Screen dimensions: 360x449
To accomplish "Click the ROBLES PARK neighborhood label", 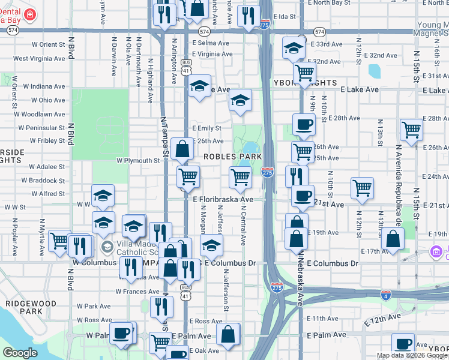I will [232, 157].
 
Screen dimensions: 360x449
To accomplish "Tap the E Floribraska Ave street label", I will [223, 199].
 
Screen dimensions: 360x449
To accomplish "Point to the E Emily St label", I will [206, 128].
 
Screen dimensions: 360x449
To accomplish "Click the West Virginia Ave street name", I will [39, 59].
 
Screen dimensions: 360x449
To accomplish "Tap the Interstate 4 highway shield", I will [387, 295].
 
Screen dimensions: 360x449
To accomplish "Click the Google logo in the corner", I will [20, 353].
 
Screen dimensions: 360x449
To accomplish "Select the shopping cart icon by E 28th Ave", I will [411, 128].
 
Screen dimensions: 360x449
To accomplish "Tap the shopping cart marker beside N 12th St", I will [362, 187].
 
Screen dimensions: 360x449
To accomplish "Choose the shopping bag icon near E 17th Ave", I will [392, 239].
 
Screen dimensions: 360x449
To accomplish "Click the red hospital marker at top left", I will [30, 14].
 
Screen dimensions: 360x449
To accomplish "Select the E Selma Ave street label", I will [211, 43].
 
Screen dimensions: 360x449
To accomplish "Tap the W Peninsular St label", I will [41, 128].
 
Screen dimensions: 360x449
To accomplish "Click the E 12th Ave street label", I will [386, 317].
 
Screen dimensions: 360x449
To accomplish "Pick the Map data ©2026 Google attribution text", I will [412, 355].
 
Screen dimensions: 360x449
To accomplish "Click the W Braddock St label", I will [43, 180].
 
